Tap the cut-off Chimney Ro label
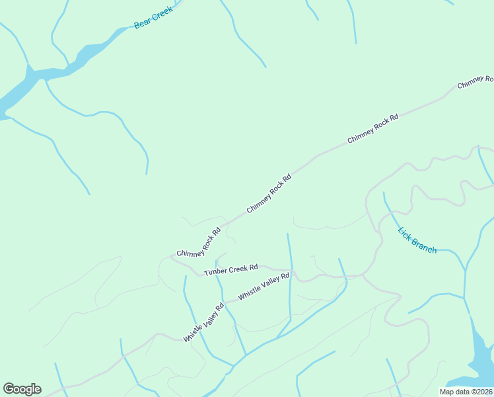[476, 82]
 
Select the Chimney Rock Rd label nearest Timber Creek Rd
[198, 243]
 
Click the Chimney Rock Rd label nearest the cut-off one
[373, 128]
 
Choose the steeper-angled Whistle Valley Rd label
[204, 322]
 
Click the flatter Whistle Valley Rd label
[264, 287]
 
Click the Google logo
[22, 389]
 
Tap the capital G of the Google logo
[9, 389]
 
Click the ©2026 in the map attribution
[482, 392]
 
